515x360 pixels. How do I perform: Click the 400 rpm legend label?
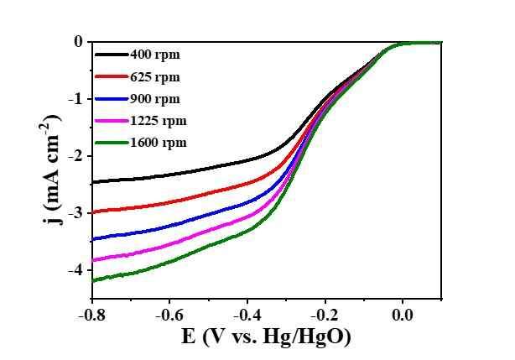155,55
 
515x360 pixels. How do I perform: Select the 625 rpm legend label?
155,77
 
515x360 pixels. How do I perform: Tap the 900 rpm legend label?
155,99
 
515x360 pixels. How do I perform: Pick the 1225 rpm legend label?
159,121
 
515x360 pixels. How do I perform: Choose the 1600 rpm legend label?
159,143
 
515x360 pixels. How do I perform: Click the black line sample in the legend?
111,55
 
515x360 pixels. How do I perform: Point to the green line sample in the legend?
111,143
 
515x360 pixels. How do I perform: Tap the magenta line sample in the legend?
111,121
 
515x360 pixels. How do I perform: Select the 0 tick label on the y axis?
77,42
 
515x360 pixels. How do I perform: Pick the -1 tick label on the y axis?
75,99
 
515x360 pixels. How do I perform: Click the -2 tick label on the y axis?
75,156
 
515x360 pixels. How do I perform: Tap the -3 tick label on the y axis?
75,213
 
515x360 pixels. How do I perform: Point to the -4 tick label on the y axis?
75,270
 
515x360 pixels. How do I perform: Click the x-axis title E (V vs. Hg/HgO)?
266,337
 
